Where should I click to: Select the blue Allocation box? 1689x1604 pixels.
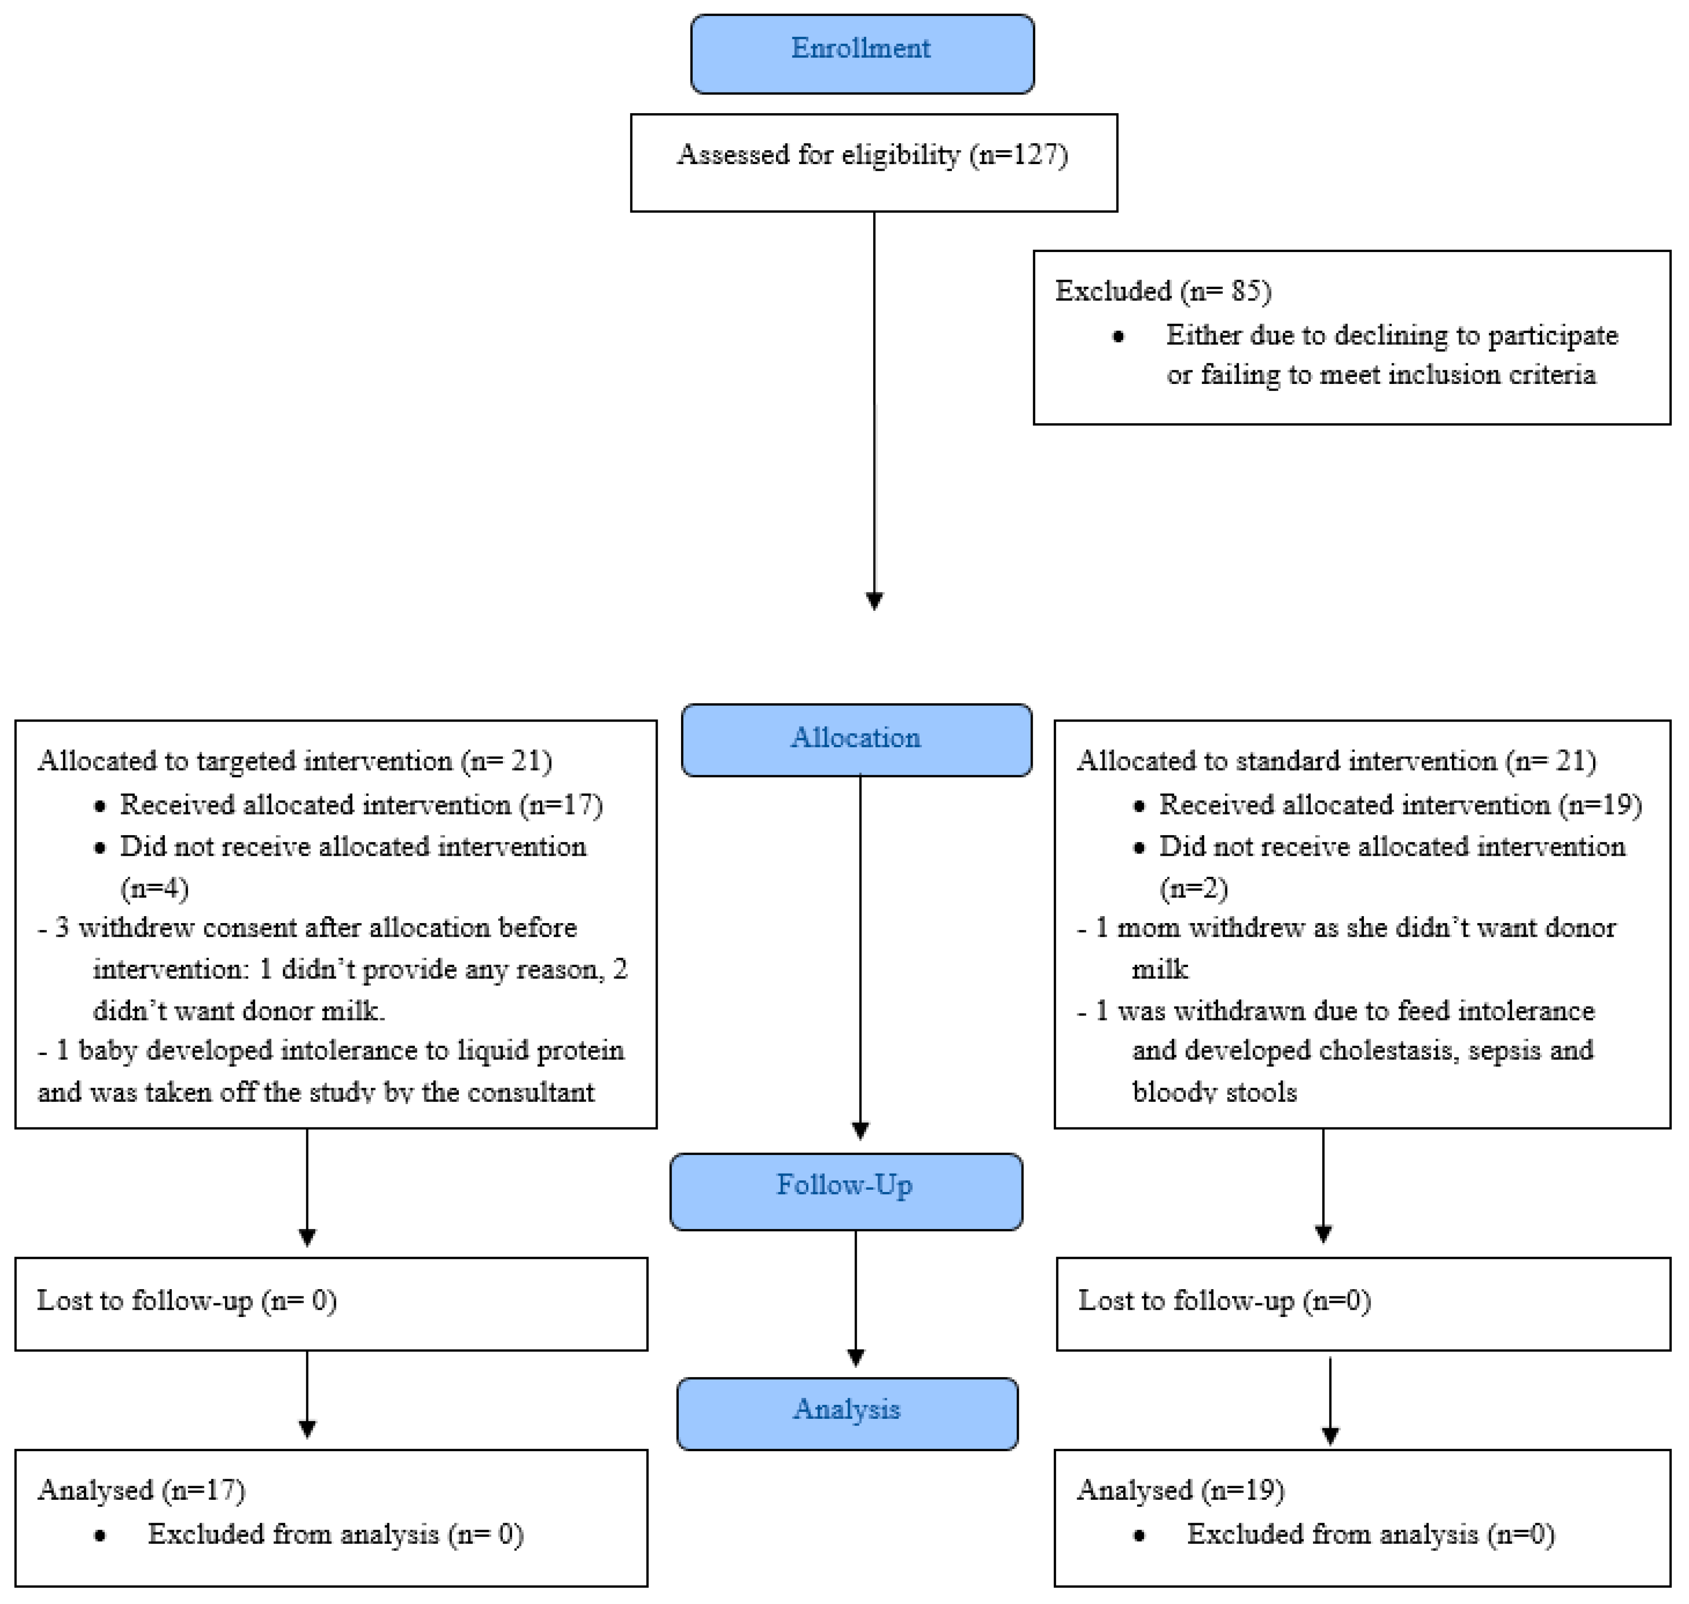pos(856,740)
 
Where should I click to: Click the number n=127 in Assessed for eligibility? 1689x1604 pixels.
pos(1019,155)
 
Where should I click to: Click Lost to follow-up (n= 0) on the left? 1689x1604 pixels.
pos(187,1301)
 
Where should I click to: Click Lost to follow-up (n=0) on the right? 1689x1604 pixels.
pos(1225,1301)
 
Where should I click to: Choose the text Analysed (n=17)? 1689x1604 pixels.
pos(141,1490)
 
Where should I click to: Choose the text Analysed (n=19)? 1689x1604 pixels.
pos(1180,1490)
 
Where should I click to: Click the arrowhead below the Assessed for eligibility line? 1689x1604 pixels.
pos(874,601)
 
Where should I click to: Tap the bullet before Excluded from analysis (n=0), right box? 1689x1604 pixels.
pos(1138,1536)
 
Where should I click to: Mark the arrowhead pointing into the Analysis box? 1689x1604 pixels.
pos(855,1357)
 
